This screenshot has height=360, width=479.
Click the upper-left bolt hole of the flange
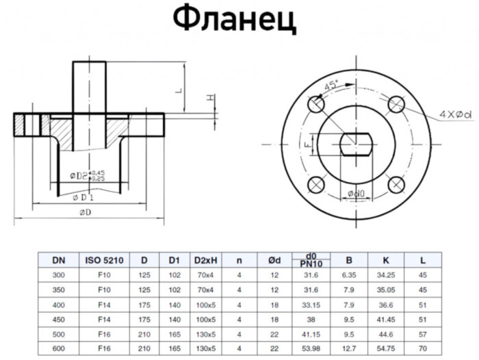click(315, 105)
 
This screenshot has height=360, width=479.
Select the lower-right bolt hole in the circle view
click(396, 185)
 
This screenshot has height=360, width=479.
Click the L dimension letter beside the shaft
click(177, 90)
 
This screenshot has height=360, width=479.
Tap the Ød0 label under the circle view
click(356, 194)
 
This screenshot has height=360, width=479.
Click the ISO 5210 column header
click(104, 260)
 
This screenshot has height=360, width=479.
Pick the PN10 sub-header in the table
click(311, 264)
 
